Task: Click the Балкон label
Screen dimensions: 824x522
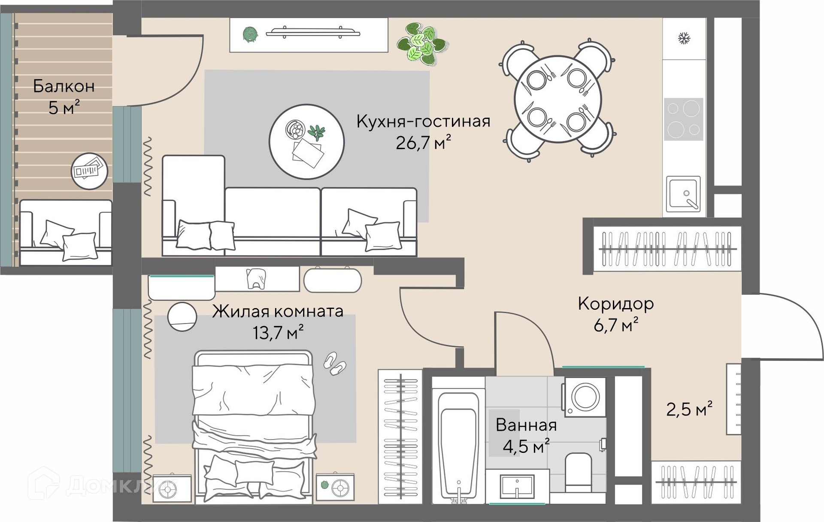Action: (x=64, y=86)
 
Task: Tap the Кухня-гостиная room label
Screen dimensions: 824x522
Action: (x=423, y=122)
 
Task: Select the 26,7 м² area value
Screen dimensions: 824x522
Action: (x=423, y=143)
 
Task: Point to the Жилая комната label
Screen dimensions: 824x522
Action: (x=278, y=311)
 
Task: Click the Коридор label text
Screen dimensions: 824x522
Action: (x=616, y=304)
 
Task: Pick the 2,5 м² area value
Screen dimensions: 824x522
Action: (x=689, y=409)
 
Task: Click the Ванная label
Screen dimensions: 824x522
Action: (x=526, y=425)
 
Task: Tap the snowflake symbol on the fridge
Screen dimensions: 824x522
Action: (x=684, y=38)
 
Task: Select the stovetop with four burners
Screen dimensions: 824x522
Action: (x=684, y=119)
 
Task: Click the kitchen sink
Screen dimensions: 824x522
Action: (x=683, y=194)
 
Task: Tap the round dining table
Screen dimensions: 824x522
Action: (x=558, y=99)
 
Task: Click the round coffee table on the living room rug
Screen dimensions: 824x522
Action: (x=306, y=142)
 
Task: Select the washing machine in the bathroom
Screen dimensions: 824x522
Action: (x=585, y=397)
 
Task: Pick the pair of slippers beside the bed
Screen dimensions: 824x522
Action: (x=334, y=363)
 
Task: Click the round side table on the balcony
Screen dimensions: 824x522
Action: (x=89, y=171)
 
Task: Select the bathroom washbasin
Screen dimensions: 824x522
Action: (x=517, y=486)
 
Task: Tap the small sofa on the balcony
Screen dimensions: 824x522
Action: (x=66, y=232)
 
